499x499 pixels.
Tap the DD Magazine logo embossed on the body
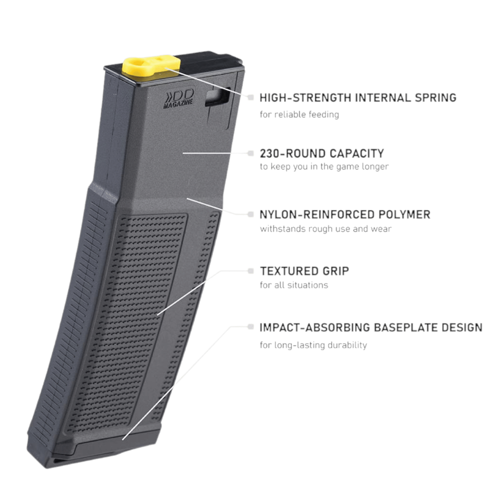[179, 99]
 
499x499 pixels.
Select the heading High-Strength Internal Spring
[358, 98]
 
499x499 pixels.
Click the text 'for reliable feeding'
[299, 114]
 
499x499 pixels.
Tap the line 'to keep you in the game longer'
[324, 166]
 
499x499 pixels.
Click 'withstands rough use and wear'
[326, 229]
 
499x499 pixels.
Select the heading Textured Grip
[304, 271]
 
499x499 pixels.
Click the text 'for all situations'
[294, 285]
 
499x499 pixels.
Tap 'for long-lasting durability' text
[313, 345]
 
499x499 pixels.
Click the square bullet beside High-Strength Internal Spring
[250, 97]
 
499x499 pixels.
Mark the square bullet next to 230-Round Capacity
[250, 153]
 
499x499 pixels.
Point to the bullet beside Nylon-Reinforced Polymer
[250, 214]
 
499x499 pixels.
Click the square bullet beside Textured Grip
[250, 271]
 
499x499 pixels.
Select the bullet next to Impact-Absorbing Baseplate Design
[250, 327]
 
